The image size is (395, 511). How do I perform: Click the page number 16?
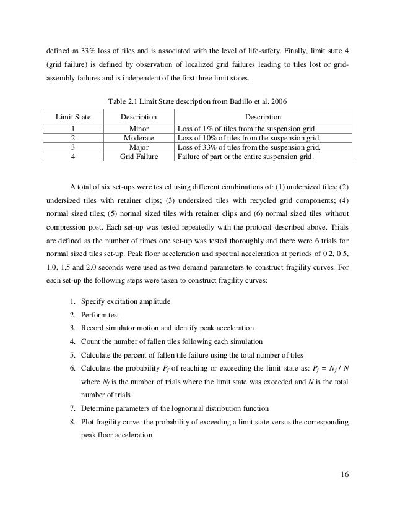click(x=345, y=474)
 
